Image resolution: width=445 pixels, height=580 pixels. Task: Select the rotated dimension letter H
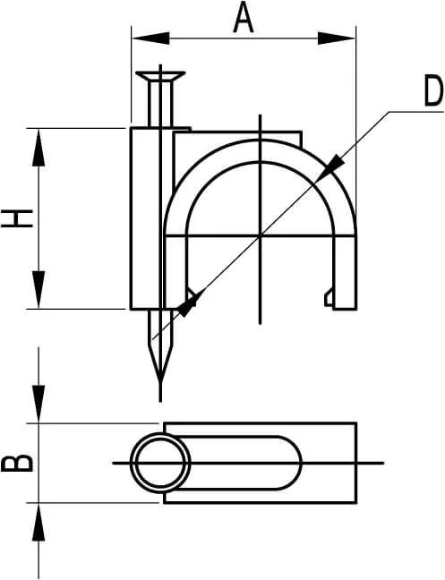tap(17, 218)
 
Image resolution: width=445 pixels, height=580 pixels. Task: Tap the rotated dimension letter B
tap(17, 463)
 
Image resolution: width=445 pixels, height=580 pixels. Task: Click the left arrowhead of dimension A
tap(150, 38)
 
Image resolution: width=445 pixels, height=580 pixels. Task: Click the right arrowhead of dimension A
tap(337, 38)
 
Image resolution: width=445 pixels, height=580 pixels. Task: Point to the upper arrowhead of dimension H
tap(39, 147)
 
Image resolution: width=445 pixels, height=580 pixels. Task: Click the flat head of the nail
tap(160, 76)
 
